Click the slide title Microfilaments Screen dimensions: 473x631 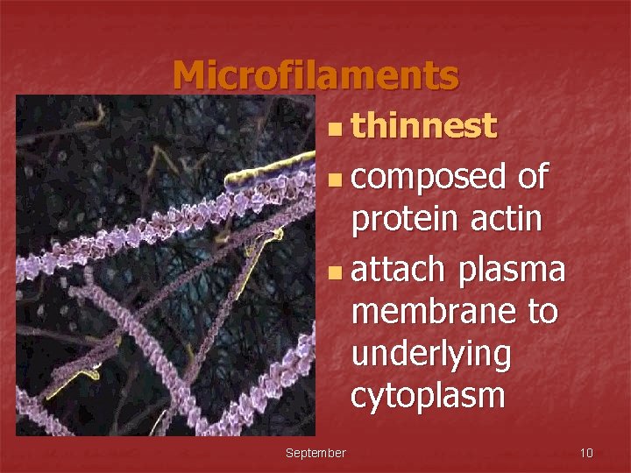tap(315, 75)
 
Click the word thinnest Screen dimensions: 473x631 tap(423, 127)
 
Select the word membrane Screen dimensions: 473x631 tap(431, 311)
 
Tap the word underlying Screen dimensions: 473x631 tap(430, 355)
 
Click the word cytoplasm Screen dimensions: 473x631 tap(428, 397)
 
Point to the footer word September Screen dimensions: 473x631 tap(315, 453)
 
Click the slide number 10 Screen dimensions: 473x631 tap(586, 453)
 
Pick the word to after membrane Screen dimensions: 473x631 tap(540, 311)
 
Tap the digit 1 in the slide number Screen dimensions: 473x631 tap(583, 453)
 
